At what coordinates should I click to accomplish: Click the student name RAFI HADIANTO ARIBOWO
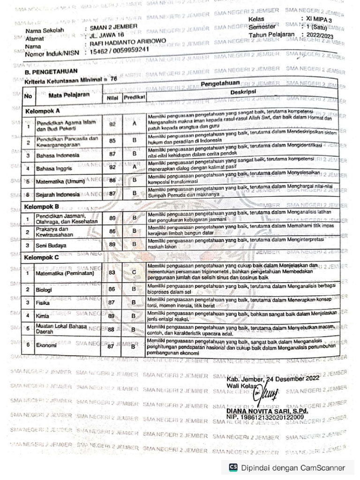pyautogui.click(x=127, y=42)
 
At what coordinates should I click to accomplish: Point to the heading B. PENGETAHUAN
pyautogui.click(x=47, y=73)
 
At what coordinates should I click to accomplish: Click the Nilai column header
pyautogui.click(x=112, y=97)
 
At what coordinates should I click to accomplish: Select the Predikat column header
pyautogui.click(x=134, y=97)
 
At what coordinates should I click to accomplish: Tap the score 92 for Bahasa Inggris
pyautogui.click(x=112, y=167)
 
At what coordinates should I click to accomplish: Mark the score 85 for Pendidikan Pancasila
pyautogui.click(x=112, y=141)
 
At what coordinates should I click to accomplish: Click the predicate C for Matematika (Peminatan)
pyautogui.click(x=134, y=272)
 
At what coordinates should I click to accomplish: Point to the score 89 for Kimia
pyautogui.click(x=112, y=316)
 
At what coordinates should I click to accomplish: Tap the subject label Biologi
pyautogui.click(x=44, y=290)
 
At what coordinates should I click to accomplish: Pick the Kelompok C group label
pyautogui.click(x=42, y=257)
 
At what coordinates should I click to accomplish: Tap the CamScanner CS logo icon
pyautogui.click(x=233, y=467)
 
